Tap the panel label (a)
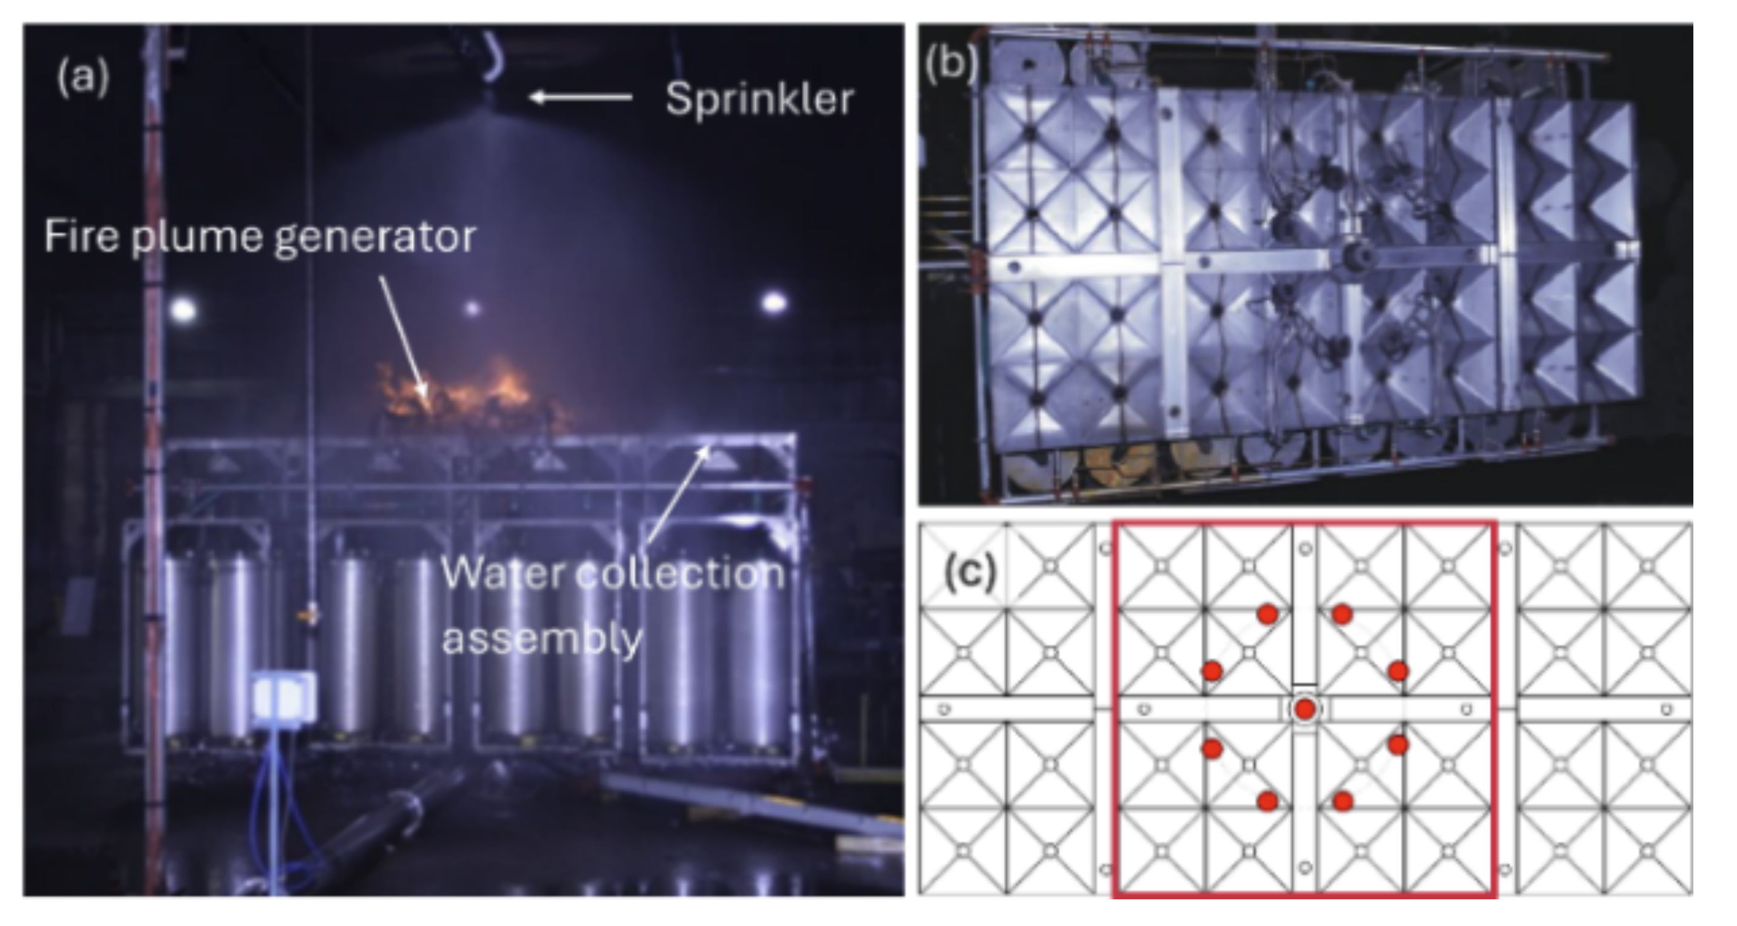(83, 78)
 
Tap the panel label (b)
(952, 65)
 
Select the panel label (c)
(970, 573)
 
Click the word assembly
(542, 638)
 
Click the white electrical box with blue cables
(284, 698)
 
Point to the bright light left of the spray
(183, 310)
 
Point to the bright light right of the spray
(774, 301)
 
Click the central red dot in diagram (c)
(1305, 709)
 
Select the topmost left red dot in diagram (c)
(1268, 615)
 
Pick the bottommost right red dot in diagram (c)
(1342, 801)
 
